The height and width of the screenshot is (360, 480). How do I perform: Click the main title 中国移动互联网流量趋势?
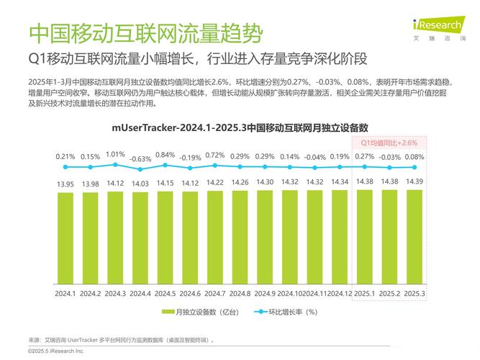145,33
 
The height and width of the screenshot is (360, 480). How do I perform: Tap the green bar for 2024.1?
65,238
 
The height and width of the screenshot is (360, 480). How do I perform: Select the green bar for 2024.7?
215,237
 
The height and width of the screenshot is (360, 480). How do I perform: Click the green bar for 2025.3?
414,236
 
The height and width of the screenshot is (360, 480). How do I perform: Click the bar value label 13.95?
65,184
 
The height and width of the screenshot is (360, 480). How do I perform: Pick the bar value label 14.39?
414,181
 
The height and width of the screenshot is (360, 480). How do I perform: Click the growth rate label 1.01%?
115,154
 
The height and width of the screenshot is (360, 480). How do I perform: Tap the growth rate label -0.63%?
140,158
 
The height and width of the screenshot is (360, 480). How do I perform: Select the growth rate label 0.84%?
165,155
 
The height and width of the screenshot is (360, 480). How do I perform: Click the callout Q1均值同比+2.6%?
389,143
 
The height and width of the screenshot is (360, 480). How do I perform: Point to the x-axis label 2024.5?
165,294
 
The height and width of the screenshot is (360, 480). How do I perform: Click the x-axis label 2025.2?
389,294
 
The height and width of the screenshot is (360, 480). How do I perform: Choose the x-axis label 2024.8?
240,294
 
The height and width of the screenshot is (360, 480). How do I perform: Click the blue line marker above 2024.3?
115,165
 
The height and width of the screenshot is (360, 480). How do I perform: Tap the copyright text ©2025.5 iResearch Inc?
56,351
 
